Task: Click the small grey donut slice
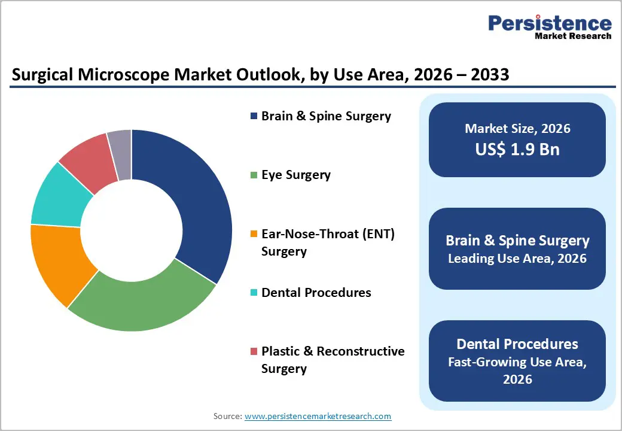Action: [x=120, y=145]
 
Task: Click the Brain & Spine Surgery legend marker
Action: [x=254, y=116]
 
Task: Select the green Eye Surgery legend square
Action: [x=254, y=175]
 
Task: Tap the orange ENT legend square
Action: [x=254, y=235]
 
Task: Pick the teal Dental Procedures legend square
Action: [x=254, y=293]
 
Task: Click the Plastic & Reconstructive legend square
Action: [x=254, y=351]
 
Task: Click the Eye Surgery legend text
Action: [x=295, y=175]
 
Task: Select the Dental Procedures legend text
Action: [x=316, y=293]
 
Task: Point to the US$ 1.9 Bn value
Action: [x=517, y=149]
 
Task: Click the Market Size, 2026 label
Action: [x=517, y=129]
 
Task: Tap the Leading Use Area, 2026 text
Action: [x=517, y=259]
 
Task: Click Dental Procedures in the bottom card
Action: [x=517, y=344]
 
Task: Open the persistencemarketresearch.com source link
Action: [x=318, y=416]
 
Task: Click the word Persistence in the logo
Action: [x=550, y=23]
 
